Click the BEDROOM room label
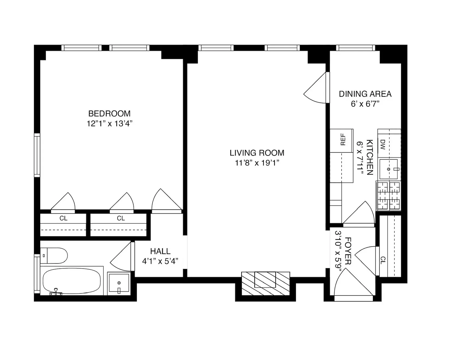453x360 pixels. (x=109, y=113)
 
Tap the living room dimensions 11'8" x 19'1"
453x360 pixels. (x=257, y=163)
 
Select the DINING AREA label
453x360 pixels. (x=365, y=94)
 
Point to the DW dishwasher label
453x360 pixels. (x=383, y=144)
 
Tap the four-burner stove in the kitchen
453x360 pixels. (x=388, y=196)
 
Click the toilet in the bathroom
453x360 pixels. (x=54, y=255)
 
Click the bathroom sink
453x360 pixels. (x=119, y=283)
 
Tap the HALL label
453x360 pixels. (x=160, y=251)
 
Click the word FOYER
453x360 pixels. (x=348, y=251)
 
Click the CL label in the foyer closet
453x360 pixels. (x=383, y=260)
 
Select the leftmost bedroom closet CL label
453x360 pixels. (x=63, y=218)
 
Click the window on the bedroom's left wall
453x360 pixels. (x=37, y=155)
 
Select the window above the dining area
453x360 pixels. (x=355, y=48)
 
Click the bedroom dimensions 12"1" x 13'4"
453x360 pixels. (x=109, y=124)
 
